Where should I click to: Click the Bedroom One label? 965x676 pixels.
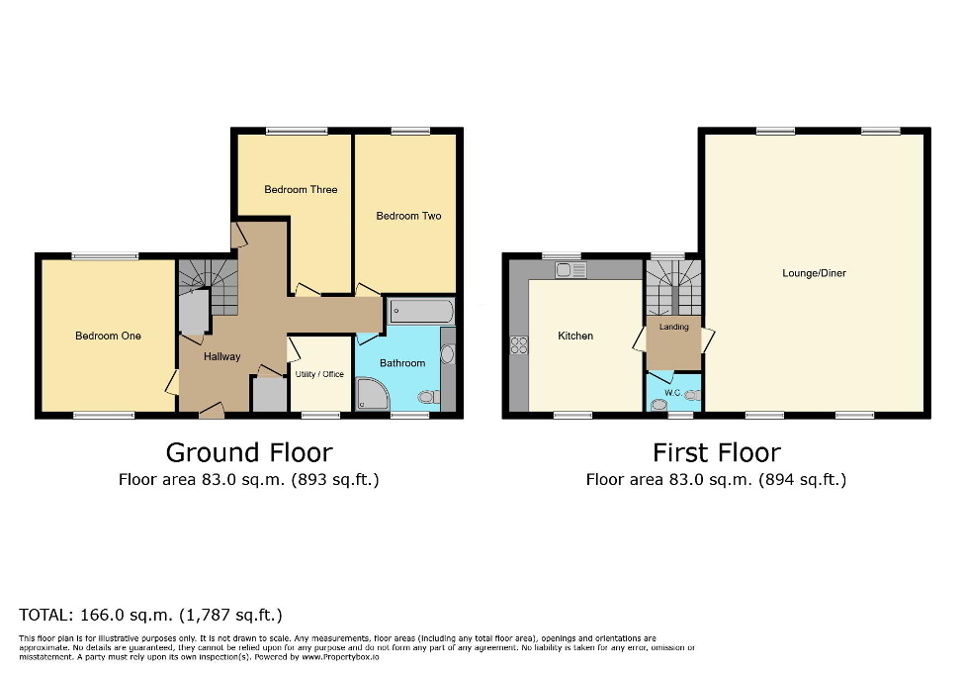108,336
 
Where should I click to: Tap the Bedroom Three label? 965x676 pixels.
301,189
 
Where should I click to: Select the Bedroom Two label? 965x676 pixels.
408,216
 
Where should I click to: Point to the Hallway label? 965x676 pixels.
221,356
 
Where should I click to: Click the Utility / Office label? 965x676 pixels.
319,374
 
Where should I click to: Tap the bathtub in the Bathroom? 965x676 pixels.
420,313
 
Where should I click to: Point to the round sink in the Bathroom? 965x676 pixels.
446,353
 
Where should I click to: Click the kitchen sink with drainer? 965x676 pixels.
570,269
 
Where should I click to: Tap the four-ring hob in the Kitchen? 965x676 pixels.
519,345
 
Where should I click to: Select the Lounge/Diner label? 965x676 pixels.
814,273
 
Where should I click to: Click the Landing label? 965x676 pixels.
673,327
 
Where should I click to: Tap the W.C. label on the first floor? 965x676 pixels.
672,392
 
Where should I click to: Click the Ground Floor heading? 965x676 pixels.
249,452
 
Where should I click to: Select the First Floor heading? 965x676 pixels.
716,452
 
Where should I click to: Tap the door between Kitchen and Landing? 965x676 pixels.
639,339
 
